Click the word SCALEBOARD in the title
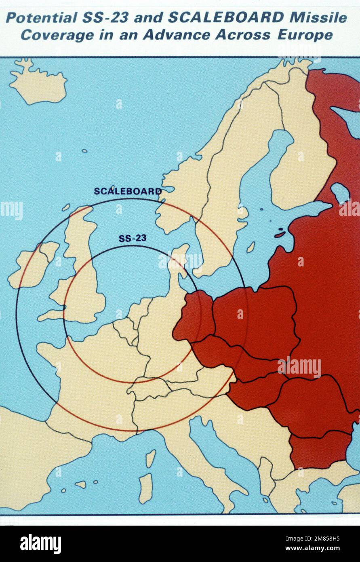point(226,18)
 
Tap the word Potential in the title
point(41,18)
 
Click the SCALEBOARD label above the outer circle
point(128,191)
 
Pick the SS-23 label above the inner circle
point(133,238)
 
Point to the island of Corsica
point(150,458)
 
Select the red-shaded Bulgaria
point(319,449)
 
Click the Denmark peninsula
point(178,263)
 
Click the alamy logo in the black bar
point(40,543)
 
